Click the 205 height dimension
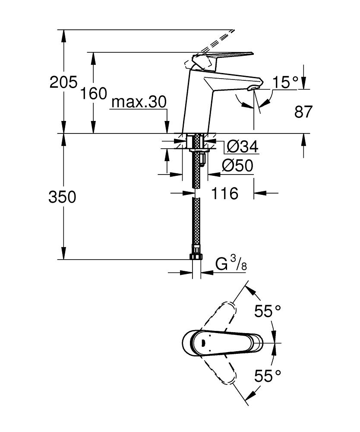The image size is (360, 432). [x=63, y=82]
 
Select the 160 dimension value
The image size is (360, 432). [x=93, y=93]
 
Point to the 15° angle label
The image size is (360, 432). [x=285, y=82]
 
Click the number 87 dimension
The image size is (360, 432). [x=303, y=112]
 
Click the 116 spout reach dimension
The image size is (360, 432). [x=224, y=194]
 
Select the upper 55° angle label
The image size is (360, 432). [x=267, y=311]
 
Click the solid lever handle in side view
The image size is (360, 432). [x=224, y=56]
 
